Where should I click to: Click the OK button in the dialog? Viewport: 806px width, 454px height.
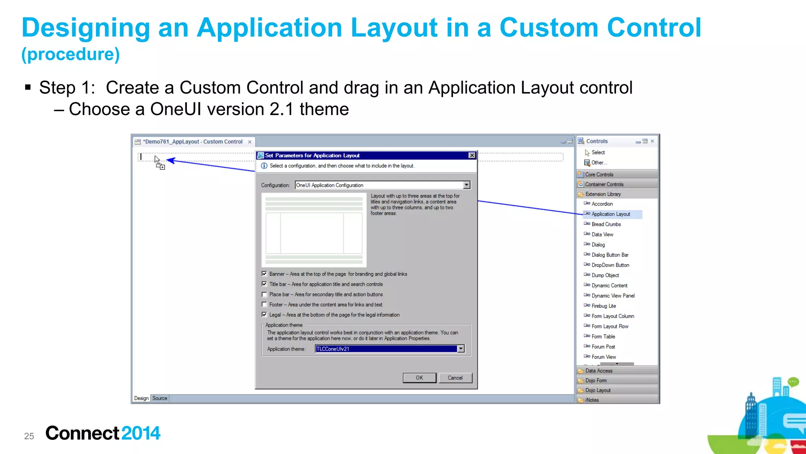point(419,378)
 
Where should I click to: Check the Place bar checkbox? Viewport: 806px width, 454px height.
point(264,295)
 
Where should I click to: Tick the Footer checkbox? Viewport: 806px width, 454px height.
point(264,305)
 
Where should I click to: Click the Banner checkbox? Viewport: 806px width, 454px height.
point(264,274)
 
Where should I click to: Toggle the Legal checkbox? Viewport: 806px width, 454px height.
point(264,315)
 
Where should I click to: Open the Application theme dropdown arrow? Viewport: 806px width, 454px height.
point(461,349)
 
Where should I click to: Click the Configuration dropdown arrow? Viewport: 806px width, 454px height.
point(466,185)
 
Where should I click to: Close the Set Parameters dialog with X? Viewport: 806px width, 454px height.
point(472,156)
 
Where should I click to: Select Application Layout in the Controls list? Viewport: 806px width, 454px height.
point(610,214)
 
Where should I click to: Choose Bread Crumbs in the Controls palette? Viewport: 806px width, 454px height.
point(606,224)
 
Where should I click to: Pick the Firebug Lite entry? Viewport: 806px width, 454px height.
point(604,306)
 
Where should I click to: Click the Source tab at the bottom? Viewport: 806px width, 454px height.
point(160,398)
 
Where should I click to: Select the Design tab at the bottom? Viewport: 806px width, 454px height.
point(141,398)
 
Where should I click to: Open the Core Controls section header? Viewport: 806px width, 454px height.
point(599,174)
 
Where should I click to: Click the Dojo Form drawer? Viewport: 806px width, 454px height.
point(596,380)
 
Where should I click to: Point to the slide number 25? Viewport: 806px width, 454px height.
point(29,436)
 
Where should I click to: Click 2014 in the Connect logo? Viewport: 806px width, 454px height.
point(140,433)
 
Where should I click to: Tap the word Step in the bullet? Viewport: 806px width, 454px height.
point(57,88)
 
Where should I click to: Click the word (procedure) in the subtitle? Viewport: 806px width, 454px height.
point(70,54)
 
